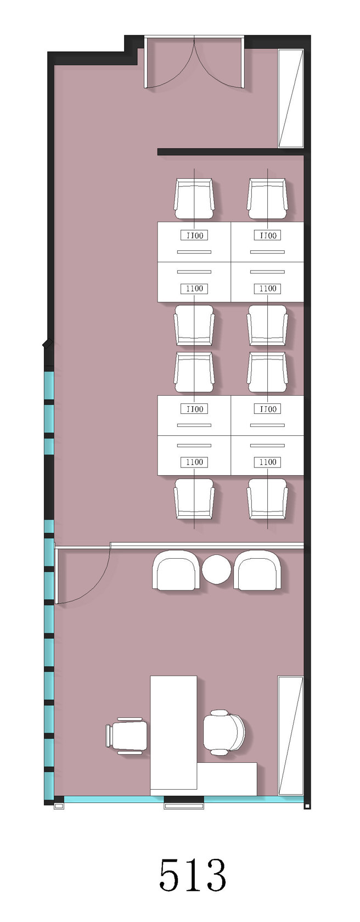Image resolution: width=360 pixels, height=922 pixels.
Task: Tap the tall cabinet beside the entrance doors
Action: click(291, 98)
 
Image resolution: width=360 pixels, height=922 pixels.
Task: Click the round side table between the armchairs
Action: click(216, 569)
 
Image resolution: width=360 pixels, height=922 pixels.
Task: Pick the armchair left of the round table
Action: click(176, 570)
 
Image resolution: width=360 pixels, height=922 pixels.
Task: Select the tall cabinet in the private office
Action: click(291, 735)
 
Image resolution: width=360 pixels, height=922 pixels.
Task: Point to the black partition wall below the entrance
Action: click(231, 152)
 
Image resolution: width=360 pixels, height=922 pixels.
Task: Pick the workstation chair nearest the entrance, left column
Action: click(194, 199)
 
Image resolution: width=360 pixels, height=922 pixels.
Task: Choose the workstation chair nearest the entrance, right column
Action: click(267, 199)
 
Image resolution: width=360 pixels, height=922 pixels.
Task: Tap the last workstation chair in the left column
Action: click(194, 498)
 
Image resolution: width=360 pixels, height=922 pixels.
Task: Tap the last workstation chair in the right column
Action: click(267, 498)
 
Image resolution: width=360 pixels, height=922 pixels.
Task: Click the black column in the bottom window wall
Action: click(184, 799)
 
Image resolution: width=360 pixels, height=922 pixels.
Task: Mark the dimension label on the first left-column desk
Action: click(194, 235)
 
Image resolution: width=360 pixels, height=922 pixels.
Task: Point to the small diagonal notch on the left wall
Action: click(47, 343)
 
